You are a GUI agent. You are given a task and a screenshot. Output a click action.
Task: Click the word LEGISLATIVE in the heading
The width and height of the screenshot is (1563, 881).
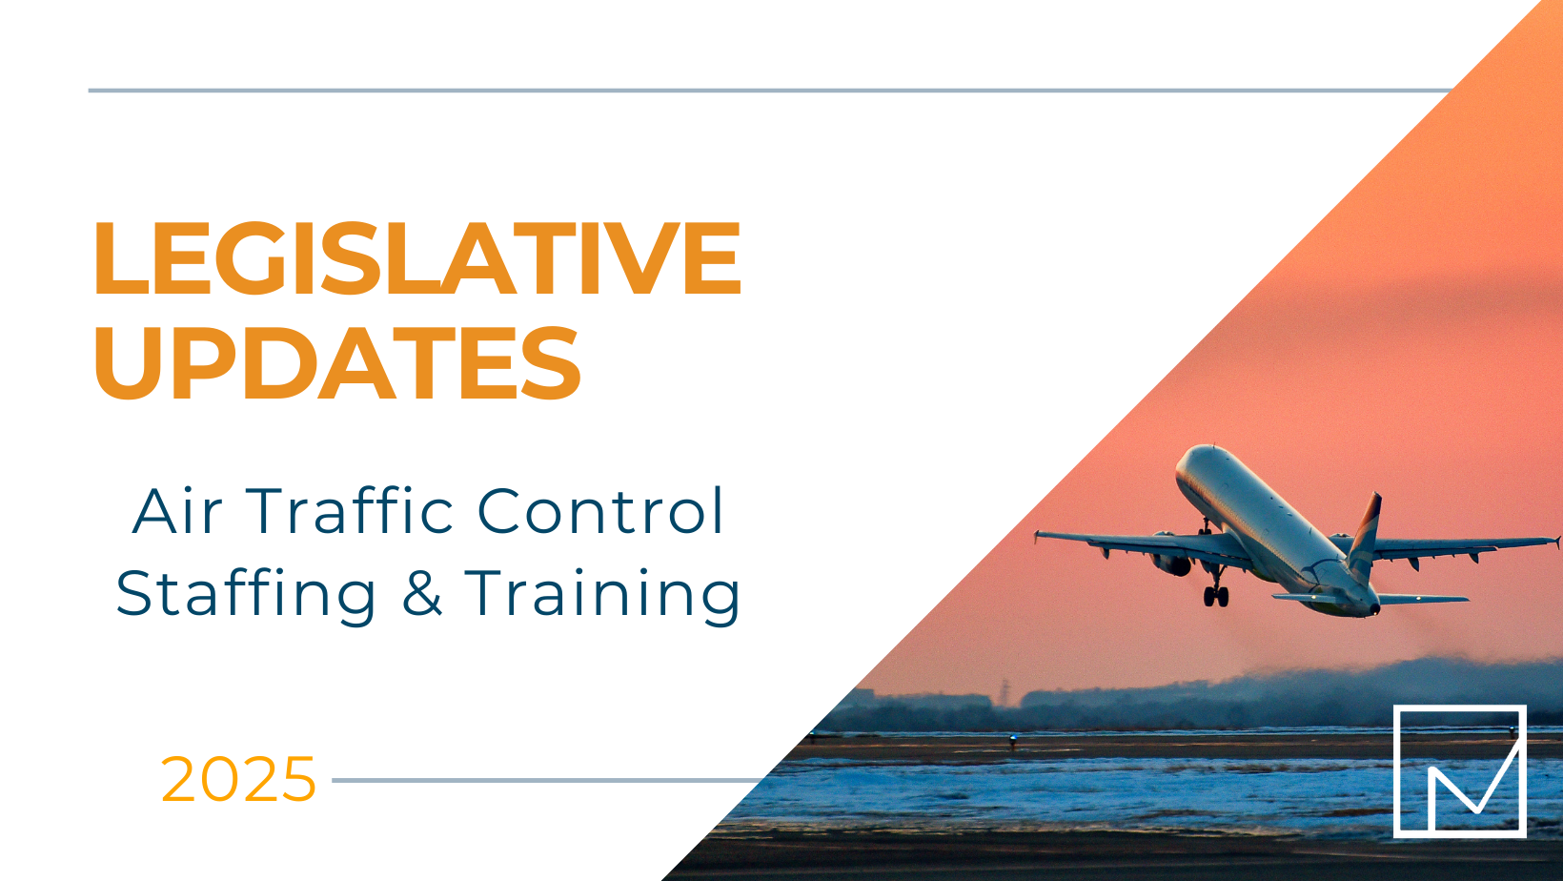pyautogui.click(x=417, y=257)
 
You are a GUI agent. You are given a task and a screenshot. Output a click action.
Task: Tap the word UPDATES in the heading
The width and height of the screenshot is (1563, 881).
pyautogui.click(x=337, y=363)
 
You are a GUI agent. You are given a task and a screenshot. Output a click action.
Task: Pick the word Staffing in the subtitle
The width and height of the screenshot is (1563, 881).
pyautogui.click(x=246, y=594)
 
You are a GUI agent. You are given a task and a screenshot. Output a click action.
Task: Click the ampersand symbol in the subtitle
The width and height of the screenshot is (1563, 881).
pyautogui.click(x=422, y=593)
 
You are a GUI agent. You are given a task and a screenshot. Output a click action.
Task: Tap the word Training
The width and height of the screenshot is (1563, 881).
pyautogui.click(x=602, y=594)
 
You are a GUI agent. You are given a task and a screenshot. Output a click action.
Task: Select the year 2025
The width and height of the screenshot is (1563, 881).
pyautogui.click(x=238, y=779)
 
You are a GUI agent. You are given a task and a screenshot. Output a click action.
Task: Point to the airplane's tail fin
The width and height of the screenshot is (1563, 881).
pyautogui.click(x=1365, y=529)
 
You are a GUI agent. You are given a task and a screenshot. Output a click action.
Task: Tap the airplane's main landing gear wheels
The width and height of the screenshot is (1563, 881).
pyautogui.click(x=1216, y=596)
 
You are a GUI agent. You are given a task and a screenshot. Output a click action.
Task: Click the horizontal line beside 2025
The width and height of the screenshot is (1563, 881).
pyautogui.click(x=548, y=781)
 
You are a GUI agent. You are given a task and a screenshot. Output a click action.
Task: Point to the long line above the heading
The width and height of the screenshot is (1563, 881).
pyautogui.click(x=770, y=90)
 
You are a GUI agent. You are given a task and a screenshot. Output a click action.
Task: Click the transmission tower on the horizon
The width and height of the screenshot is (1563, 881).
pyautogui.click(x=1005, y=692)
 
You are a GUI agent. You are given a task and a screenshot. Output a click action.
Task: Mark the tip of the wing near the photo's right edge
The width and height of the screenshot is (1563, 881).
pyautogui.click(x=1557, y=540)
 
